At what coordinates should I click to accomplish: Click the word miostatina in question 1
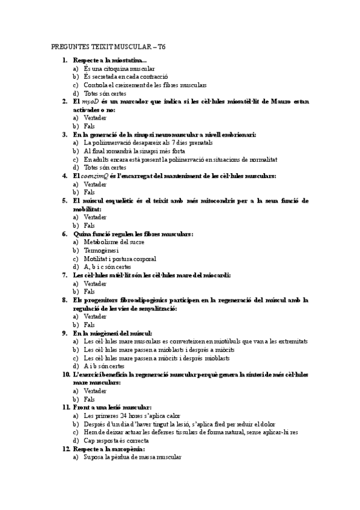coord(124,61)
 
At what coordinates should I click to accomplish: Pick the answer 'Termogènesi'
coord(102,250)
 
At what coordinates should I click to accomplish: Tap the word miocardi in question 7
coord(218,275)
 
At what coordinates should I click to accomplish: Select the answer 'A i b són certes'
coord(104,366)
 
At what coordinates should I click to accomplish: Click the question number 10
coord(66,374)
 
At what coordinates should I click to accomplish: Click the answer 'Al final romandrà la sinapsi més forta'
coord(134,152)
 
